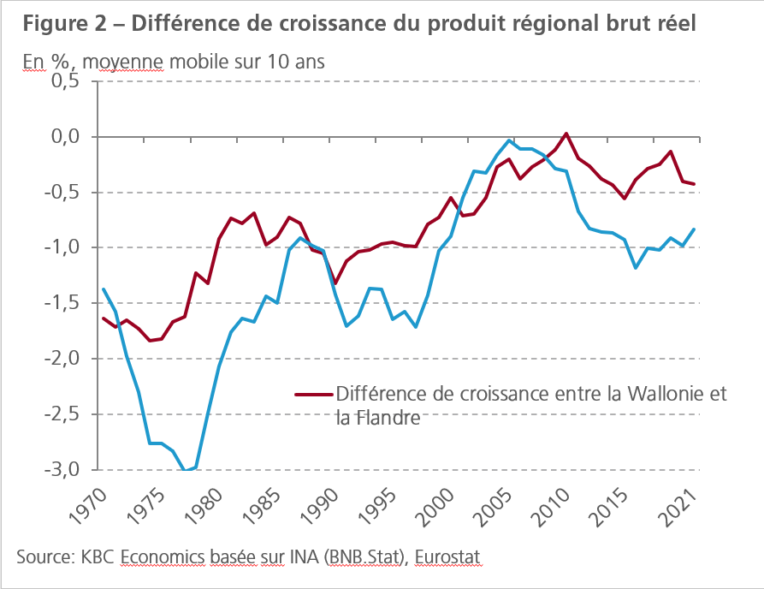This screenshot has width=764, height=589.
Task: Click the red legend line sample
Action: [x=313, y=395]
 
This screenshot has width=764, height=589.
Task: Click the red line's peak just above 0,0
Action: [x=566, y=134]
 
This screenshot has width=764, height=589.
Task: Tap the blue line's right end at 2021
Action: [x=694, y=229]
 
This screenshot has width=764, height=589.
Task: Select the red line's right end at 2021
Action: [x=694, y=184]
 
